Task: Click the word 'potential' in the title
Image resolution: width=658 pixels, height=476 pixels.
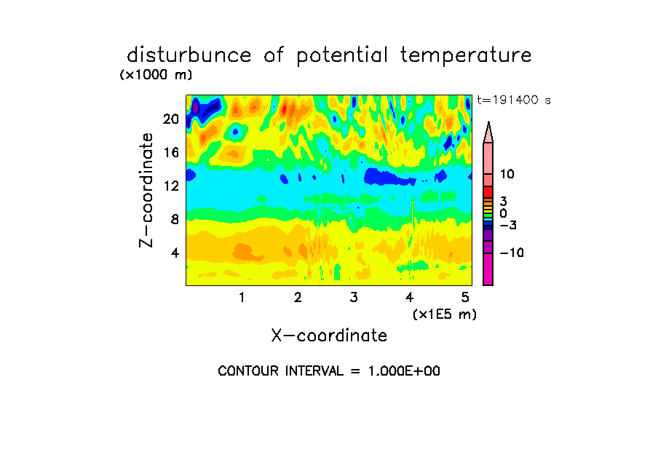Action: pos(342,56)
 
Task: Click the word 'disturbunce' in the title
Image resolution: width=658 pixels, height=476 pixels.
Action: pos(189,55)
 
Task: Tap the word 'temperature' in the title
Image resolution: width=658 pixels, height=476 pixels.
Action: pos(466,56)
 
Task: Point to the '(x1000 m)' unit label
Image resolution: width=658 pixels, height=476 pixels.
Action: pos(156,75)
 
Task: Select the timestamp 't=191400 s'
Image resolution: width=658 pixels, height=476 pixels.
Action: pos(514,100)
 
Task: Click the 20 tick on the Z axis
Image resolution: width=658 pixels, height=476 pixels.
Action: pos(171,119)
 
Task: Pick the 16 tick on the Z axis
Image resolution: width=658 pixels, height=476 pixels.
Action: pos(171,152)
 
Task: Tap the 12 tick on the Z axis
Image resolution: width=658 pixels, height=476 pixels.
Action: pos(171,186)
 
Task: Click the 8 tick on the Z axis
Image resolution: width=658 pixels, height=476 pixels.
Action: pos(175,219)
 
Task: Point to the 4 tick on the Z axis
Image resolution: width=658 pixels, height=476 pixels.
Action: pos(175,253)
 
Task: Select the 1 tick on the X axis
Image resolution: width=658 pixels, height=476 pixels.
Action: pos(242,297)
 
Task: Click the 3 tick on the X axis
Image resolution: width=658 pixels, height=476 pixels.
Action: pos(354,297)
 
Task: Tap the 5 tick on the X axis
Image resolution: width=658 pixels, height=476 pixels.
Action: pos(465,297)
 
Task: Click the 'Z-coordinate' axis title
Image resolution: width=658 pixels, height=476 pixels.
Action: pos(146,190)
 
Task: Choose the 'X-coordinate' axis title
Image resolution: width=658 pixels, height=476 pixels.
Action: pos(329,336)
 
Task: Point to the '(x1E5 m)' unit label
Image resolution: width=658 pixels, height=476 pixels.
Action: pos(445,314)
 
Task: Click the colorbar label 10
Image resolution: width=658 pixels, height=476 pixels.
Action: pos(507,174)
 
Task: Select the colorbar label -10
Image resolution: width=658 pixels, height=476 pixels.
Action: pos(512,253)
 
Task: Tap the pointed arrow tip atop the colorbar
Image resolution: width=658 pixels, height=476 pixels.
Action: pos(488,122)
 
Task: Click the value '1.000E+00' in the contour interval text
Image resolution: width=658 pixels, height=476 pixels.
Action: pos(404,371)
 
